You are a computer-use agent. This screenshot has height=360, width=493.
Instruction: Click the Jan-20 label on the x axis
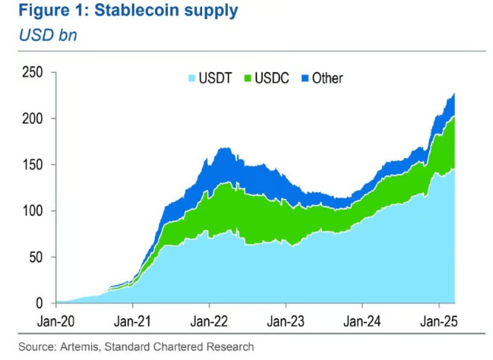[55, 320]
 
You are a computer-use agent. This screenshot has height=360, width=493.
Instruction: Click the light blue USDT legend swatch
[191, 78]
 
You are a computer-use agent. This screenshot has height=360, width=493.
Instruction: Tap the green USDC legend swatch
[247, 78]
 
